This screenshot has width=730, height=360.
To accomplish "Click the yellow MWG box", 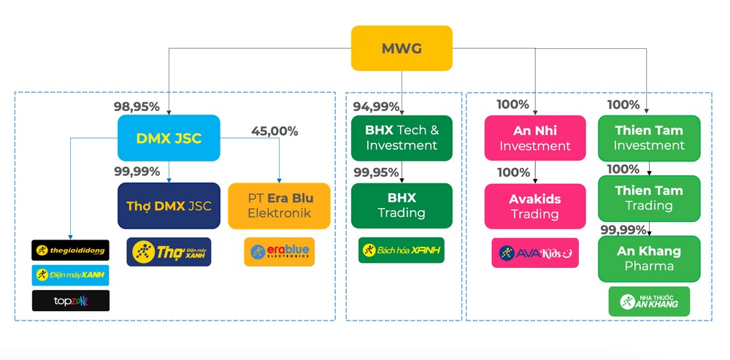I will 401,48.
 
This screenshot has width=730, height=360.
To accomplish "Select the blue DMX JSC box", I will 169,138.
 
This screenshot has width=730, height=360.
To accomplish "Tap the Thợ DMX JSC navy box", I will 169,206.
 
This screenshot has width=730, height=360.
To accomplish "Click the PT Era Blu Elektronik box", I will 279,205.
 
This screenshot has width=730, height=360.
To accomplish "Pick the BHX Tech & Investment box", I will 401,137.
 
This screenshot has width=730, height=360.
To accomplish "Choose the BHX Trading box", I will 401,205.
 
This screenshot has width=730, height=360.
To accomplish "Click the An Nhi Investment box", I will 534,138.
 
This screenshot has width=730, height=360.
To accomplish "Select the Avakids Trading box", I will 534,206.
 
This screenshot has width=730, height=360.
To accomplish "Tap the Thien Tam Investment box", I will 649,138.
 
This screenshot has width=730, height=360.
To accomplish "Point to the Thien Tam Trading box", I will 649,198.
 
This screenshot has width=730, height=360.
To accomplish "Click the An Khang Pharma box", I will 649,258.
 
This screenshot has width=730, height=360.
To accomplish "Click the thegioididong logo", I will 70,250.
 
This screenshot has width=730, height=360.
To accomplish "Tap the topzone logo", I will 70,300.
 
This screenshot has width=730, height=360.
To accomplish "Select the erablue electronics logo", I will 279,251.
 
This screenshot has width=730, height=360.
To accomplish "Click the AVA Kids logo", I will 534,253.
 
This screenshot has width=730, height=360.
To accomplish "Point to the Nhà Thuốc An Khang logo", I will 649,301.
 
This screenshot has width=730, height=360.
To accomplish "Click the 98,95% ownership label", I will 137,107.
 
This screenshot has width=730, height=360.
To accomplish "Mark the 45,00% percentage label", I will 274,131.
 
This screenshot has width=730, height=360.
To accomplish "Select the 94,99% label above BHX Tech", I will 377,107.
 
